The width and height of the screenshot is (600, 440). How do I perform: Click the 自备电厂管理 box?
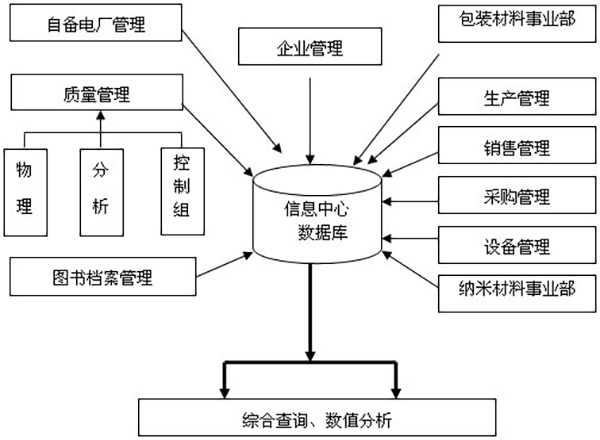tap(96, 24)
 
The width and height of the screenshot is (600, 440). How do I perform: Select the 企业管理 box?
tap(309, 46)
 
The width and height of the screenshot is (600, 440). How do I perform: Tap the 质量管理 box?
tap(96, 96)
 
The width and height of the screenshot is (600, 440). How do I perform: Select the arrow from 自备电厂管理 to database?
tap(216, 101)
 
